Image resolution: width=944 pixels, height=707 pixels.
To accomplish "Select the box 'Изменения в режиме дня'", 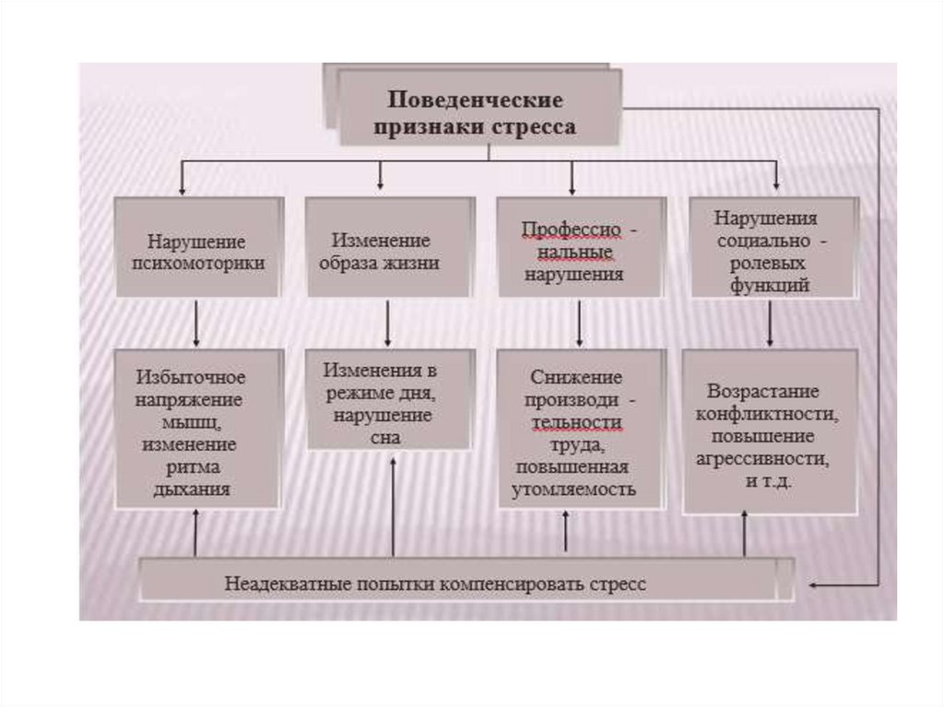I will click(391, 400).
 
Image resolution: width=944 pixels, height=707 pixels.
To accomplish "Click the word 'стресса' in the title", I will click(538, 127).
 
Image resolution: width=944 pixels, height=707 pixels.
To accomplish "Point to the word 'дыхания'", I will click(192, 489).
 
